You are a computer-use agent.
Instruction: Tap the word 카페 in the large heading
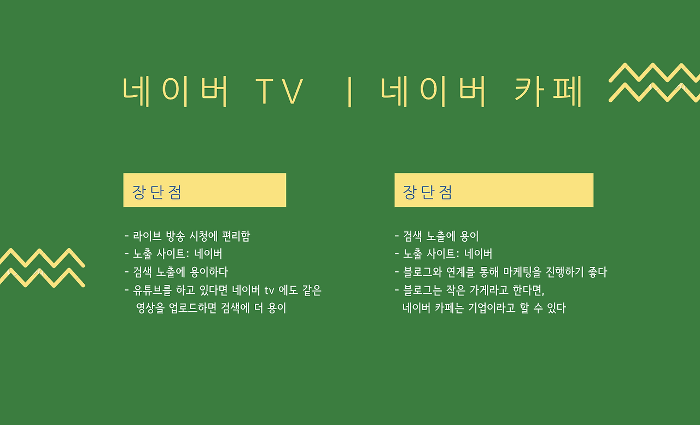[x=550, y=90]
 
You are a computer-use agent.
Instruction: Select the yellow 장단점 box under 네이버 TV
[x=205, y=190]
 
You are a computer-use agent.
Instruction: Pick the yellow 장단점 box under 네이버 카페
[x=493, y=190]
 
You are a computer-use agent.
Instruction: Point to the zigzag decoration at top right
[x=654, y=83]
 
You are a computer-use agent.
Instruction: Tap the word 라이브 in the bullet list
[x=148, y=236]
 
